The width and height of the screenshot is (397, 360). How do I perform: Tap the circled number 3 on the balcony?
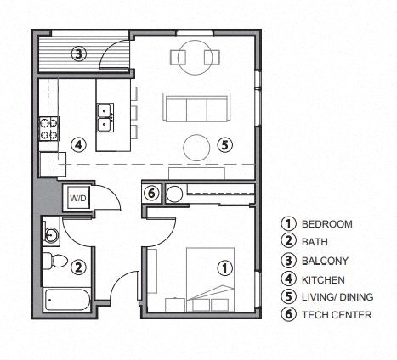click(77, 53)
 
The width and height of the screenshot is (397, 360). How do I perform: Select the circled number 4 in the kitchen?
click(77, 144)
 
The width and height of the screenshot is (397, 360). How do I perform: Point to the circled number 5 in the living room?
click(224, 144)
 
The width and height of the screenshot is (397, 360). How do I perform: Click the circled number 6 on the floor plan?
click(151, 194)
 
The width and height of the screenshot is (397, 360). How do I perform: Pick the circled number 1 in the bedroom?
click(225, 267)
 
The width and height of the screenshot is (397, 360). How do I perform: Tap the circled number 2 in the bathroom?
click(77, 267)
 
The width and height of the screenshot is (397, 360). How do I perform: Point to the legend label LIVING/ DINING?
click(337, 296)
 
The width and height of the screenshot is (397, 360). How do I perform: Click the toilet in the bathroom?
click(54, 259)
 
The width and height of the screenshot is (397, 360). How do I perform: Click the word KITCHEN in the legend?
click(323, 278)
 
